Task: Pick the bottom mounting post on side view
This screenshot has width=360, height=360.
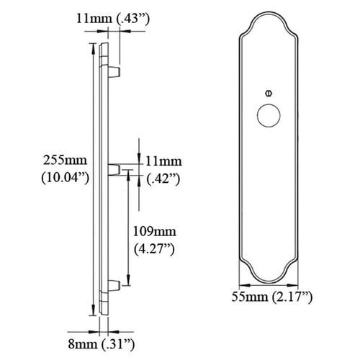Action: click(114, 287)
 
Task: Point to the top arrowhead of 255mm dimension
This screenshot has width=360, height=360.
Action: click(92, 46)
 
